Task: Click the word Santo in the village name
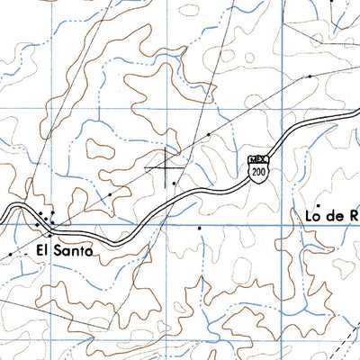(75, 251)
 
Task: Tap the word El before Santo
(45, 251)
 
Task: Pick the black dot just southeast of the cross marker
(175, 184)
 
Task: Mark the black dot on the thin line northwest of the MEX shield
(208, 134)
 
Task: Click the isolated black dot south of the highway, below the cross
(200, 229)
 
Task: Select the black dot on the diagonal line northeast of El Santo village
(110, 193)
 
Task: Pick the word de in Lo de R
(335, 215)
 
